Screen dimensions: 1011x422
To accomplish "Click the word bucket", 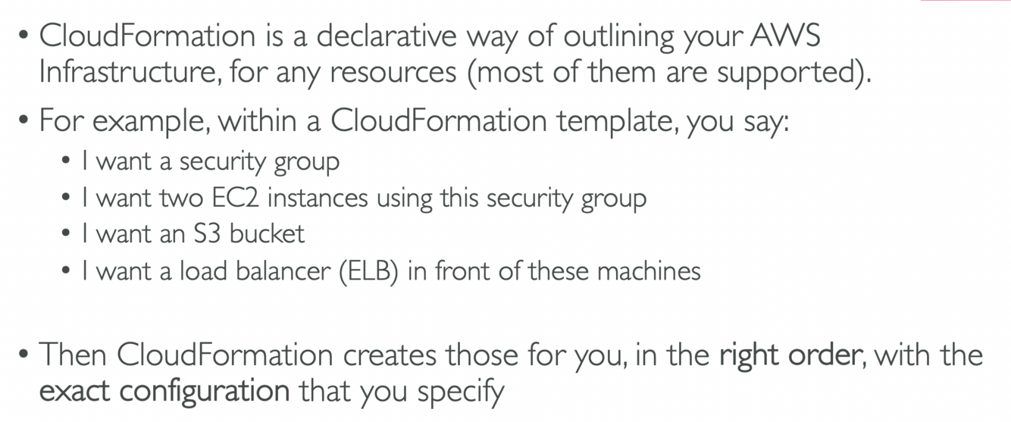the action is coord(267,234).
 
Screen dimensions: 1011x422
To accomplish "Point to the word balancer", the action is coord(288,271).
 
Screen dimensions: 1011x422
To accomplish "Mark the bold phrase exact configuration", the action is coord(164,392).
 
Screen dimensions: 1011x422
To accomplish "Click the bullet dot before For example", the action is coord(24,120).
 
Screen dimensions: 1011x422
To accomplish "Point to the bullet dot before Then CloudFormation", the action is coord(24,355).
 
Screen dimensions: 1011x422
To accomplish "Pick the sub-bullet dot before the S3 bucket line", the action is coord(67,234).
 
